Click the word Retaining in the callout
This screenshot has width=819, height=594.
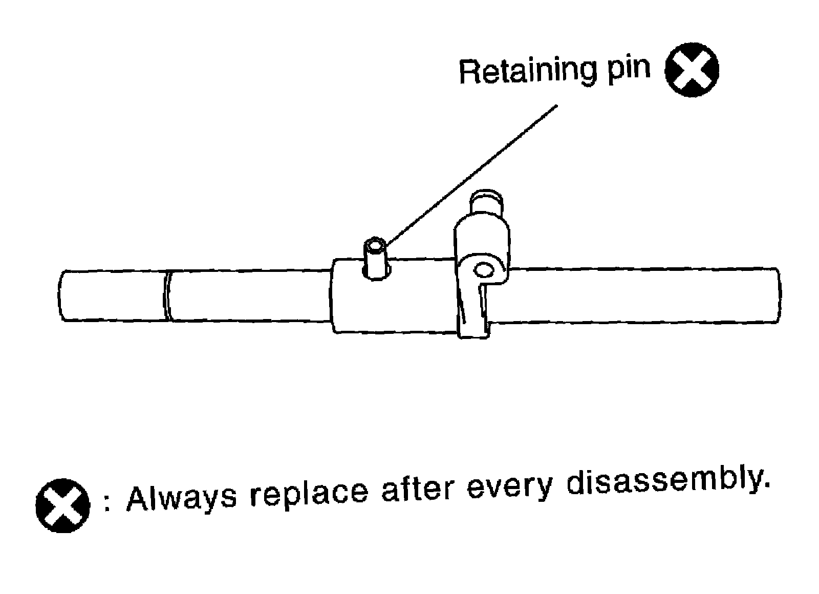pyautogui.click(x=527, y=71)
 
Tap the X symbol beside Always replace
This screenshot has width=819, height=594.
pyautogui.click(x=62, y=506)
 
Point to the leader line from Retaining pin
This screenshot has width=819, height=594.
pyautogui.click(x=471, y=174)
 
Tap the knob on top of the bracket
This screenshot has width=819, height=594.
pyautogui.click(x=487, y=202)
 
